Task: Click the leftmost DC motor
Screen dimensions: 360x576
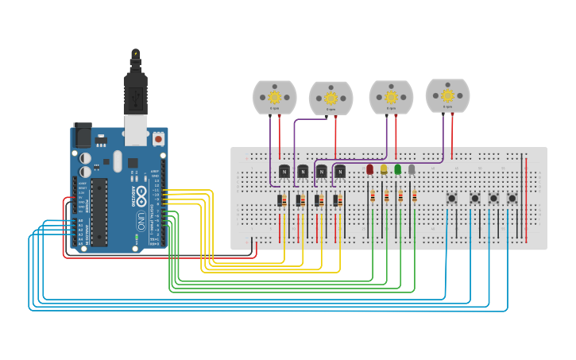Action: [x=274, y=97]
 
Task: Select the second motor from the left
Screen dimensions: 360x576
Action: [x=331, y=98]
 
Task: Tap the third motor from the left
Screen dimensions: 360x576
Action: [x=391, y=97]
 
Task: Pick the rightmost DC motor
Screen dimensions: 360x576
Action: [x=447, y=95]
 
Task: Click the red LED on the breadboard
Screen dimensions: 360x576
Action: [x=369, y=169]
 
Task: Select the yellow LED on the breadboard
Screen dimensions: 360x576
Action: [x=384, y=169]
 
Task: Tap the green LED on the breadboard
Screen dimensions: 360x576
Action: [x=397, y=169]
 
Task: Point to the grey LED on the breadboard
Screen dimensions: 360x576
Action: [x=412, y=169]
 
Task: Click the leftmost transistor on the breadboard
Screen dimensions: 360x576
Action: [x=284, y=170]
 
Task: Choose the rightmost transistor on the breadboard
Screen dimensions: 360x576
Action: [x=340, y=170]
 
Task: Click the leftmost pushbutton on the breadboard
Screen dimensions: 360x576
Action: [x=451, y=198]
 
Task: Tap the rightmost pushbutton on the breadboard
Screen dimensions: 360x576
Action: [x=512, y=198]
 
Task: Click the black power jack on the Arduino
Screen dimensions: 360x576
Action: [x=82, y=135]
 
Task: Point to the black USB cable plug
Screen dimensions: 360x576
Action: [x=136, y=87]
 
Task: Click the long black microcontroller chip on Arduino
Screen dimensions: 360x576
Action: [x=99, y=211]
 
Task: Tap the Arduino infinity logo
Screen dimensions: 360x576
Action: [x=141, y=195]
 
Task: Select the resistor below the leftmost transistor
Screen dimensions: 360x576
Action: [x=281, y=200]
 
